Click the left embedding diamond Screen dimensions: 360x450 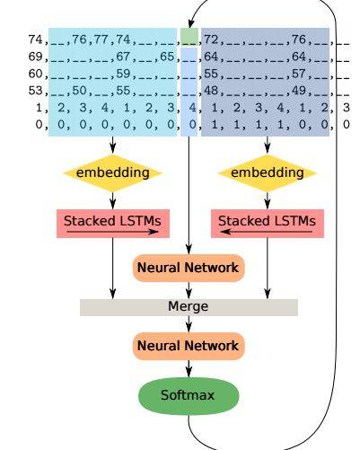(112, 173)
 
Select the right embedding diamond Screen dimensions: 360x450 (268, 173)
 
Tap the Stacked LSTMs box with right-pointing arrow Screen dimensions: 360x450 (113, 224)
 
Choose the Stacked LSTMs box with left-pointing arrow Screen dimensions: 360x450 (268, 224)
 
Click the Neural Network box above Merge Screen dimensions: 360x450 (189, 268)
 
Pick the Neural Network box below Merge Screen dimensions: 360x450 (189, 346)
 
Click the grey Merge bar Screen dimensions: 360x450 (189, 307)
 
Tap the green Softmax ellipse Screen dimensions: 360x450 (189, 396)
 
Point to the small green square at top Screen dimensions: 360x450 (189, 37)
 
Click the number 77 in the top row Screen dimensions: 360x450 (101, 40)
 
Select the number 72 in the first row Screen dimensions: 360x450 (211, 40)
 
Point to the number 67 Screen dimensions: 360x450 (123, 57)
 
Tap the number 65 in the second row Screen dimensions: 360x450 (167, 57)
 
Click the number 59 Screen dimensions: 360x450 (123, 74)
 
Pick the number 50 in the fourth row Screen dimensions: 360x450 (79, 91)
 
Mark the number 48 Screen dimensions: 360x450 (211, 91)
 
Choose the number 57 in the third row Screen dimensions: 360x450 (299, 74)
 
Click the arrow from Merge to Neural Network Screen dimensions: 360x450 (189, 324)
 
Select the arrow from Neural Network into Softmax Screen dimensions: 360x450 (189, 368)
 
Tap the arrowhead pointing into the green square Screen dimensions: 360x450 (190, 24)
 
